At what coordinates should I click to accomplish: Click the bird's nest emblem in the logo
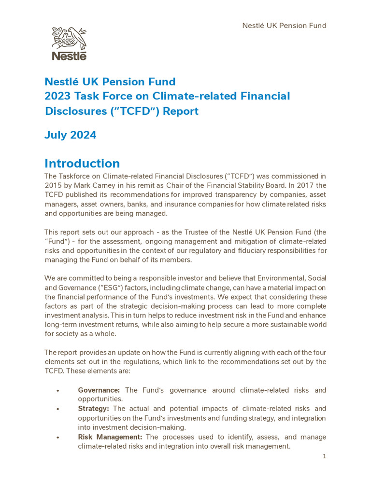click(69, 39)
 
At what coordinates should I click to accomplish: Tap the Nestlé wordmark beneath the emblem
click(69, 56)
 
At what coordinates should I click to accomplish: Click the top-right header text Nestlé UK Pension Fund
click(284, 26)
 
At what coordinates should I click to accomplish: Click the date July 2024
click(71, 135)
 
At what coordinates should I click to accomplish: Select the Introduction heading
click(82, 163)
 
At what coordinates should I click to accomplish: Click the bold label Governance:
click(100, 390)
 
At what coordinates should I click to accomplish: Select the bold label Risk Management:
click(110, 437)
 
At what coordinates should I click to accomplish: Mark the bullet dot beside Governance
click(57, 390)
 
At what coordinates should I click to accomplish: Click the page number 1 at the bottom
click(325, 456)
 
